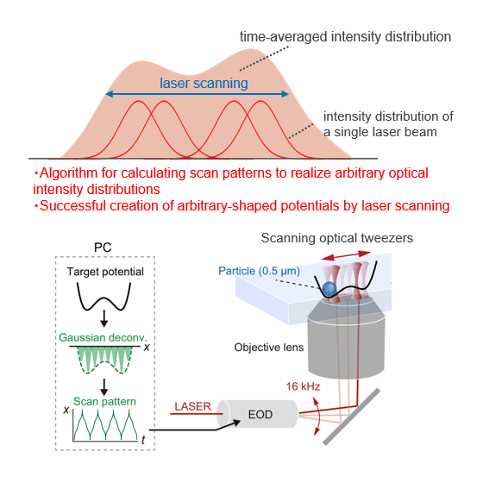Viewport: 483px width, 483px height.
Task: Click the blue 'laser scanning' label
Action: tap(204, 83)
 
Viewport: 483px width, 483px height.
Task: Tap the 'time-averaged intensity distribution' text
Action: tap(345, 36)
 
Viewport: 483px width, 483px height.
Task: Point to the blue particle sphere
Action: tap(329, 289)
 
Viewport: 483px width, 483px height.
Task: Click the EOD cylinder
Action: tap(258, 414)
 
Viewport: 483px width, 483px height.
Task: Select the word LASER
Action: tap(193, 406)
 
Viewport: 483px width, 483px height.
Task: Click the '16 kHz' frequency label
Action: tap(303, 386)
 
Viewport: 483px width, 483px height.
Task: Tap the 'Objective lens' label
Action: tap(269, 348)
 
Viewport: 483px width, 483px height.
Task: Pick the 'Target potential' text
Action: tap(105, 272)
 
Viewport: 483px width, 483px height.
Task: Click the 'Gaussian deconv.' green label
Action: tap(103, 337)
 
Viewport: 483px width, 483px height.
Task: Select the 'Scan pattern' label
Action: tap(104, 402)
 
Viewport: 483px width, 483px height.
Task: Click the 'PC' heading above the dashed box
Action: tap(103, 248)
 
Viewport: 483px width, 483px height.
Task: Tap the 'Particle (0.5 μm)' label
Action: tap(259, 271)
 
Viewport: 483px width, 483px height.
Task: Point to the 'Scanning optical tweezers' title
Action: tap(337, 238)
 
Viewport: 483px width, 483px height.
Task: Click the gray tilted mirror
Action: tap(352, 417)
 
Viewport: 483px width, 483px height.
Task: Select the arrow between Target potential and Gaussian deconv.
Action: tap(104, 318)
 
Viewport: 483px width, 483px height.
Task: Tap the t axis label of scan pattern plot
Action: tap(143, 440)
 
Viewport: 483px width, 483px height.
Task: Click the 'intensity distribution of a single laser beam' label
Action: tap(388, 124)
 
